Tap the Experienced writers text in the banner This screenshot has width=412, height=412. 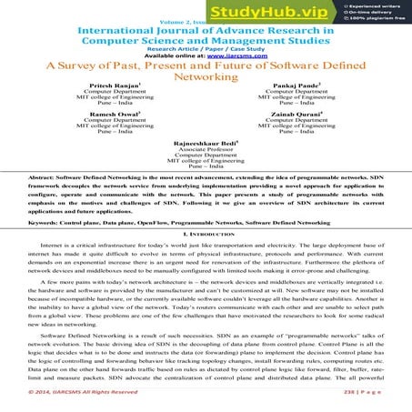point(377,5)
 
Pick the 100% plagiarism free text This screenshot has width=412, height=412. point(378,18)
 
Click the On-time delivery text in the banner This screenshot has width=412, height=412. point(373,12)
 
